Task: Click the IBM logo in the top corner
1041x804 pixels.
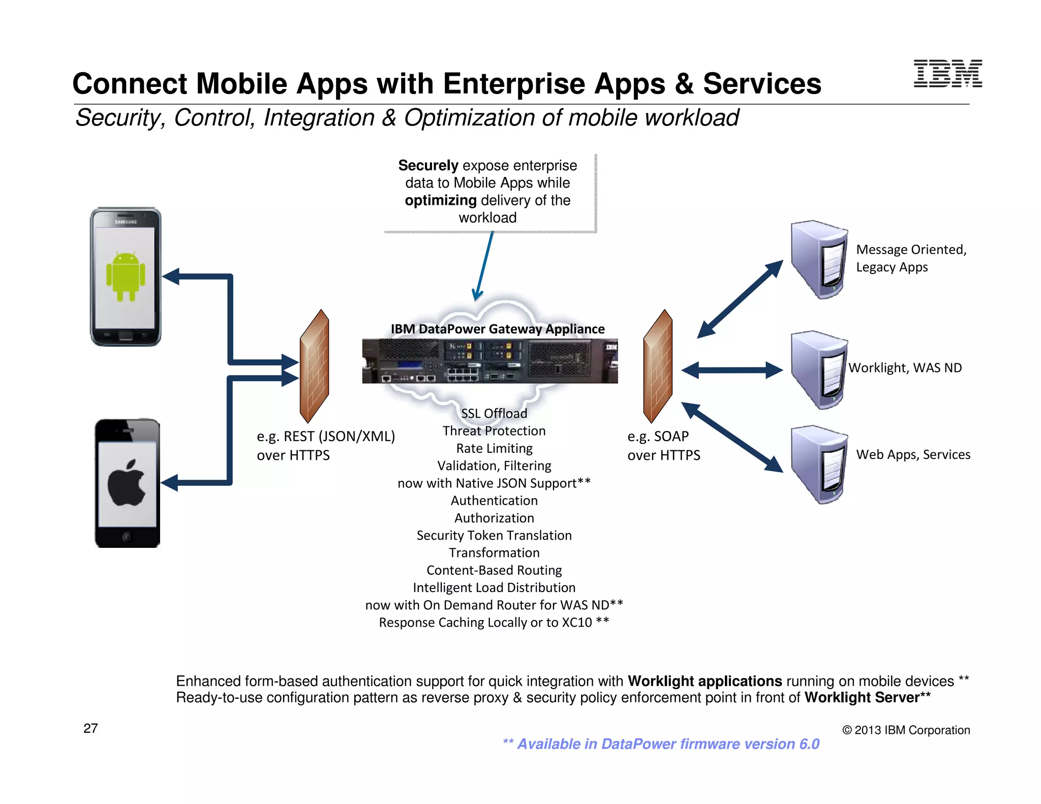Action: (947, 74)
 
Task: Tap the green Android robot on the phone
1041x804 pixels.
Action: (126, 276)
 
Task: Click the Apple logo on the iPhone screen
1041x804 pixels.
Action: (127, 483)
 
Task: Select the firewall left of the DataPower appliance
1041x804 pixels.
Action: (314, 366)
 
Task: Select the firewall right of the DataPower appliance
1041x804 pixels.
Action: (658, 366)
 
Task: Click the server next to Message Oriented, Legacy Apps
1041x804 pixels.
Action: (818, 259)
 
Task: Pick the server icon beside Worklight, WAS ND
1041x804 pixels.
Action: (818, 369)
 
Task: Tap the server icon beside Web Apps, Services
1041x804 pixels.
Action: (818, 464)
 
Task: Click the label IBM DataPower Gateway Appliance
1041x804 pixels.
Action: (498, 329)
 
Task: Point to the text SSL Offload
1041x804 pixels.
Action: (494, 413)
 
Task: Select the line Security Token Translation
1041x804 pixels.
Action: (494, 535)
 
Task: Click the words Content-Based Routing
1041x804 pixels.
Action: (494, 570)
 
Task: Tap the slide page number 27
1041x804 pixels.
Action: (90, 728)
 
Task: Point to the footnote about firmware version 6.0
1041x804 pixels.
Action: (661, 744)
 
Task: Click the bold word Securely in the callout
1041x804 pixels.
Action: (428, 166)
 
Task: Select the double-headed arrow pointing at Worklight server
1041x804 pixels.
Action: (732, 370)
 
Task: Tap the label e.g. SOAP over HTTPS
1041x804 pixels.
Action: (663, 446)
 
